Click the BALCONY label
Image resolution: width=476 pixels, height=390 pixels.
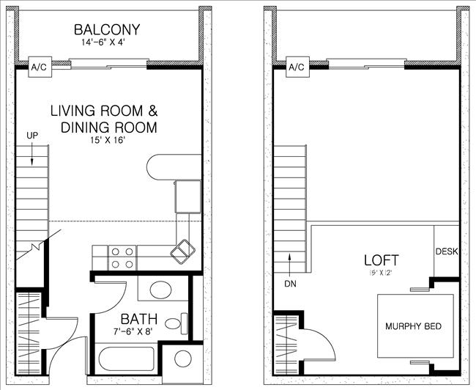pyautogui.click(x=106, y=30)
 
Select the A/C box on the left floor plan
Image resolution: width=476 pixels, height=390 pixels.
pyautogui.click(x=39, y=67)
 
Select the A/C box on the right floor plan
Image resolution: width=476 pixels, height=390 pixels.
pyautogui.click(x=296, y=67)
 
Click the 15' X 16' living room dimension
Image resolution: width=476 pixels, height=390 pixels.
pyautogui.click(x=103, y=140)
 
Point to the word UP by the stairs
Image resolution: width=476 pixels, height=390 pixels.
pyautogui.click(x=32, y=136)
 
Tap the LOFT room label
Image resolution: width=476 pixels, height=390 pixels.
pyautogui.click(x=382, y=260)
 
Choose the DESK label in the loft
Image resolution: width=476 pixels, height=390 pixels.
pyautogui.click(x=446, y=251)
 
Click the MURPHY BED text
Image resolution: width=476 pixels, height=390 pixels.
pyautogui.click(x=414, y=325)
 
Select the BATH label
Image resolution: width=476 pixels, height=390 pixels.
pyautogui.click(x=136, y=319)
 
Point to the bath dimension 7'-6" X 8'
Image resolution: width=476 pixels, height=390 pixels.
pyautogui.click(x=136, y=332)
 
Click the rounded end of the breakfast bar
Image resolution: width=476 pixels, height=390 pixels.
pyautogui.click(x=156, y=166)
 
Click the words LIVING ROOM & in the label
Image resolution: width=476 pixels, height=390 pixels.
pyautogui.click(x=103, y=111)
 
